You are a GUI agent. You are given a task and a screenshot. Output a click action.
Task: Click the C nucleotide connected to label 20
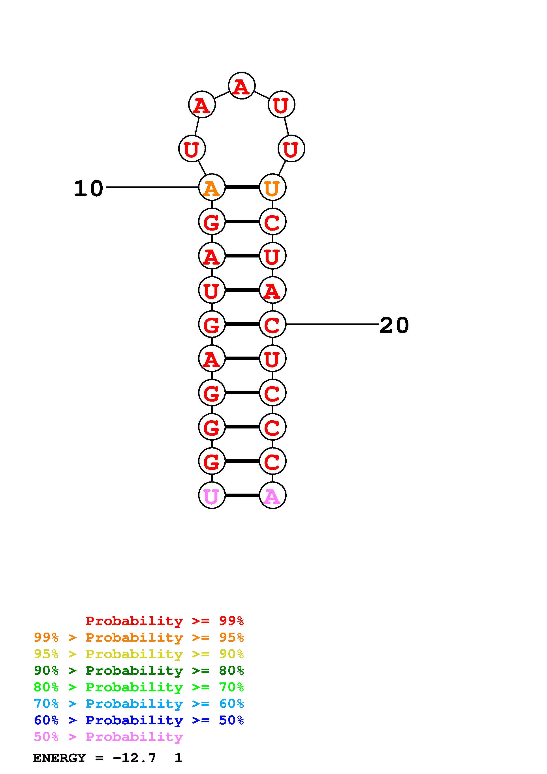coord(272,324)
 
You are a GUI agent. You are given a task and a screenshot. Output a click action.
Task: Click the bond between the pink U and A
coord(242,495)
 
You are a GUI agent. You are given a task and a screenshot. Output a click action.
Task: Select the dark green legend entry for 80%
coord(139,671)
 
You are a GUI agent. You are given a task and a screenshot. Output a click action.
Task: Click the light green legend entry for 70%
coord(139,687)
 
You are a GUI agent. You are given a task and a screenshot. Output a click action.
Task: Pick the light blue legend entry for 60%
coord(139,704)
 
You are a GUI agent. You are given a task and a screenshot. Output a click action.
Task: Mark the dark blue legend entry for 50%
coord(139,720)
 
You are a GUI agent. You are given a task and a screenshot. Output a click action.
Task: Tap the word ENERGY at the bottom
coord(59,758)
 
